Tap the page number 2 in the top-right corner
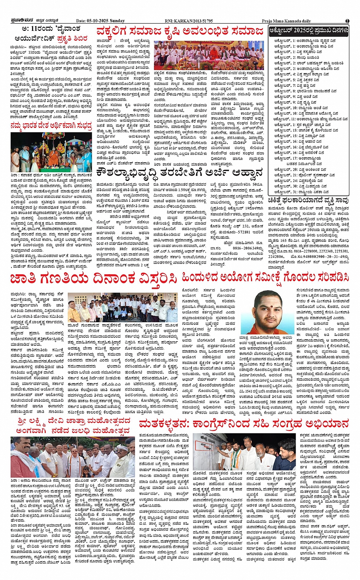347,21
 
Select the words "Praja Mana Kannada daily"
286,21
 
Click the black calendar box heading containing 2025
309,30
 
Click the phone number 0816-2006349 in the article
248,248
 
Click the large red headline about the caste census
93,279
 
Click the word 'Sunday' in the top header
117,21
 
